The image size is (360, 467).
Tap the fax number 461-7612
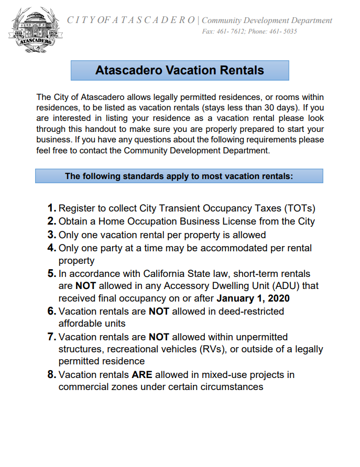231,31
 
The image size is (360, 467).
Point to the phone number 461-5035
283,31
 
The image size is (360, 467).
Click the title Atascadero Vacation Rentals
180,70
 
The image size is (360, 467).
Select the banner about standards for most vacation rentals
179,176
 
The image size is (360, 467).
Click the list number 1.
51,208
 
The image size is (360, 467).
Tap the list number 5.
51,274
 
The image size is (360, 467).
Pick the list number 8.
51,375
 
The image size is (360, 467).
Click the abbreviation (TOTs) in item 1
296,208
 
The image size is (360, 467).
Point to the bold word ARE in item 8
141,375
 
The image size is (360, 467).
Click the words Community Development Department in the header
267,20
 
